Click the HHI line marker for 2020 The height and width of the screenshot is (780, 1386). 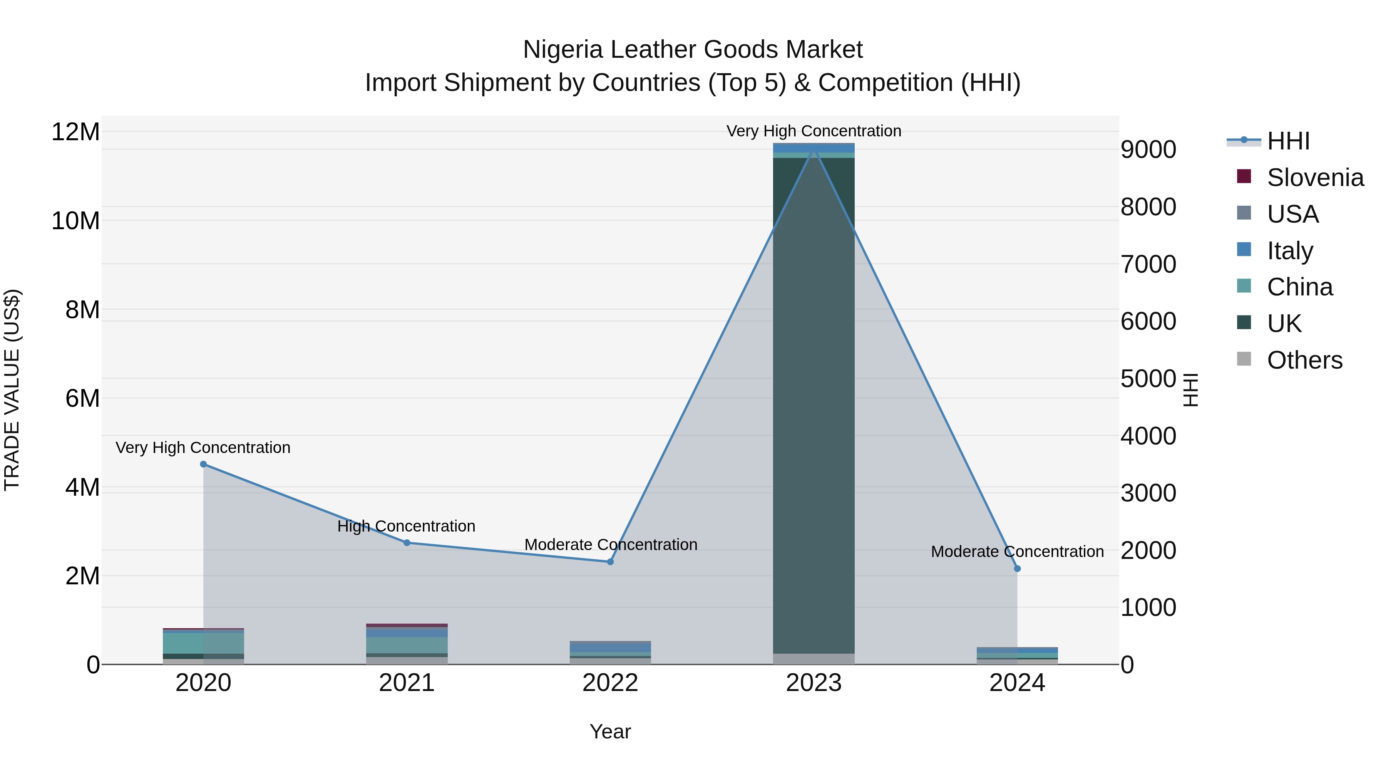click(x=203, y=464)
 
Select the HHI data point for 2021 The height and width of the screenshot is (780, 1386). click(x=407, y=543)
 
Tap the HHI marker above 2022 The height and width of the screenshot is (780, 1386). click(x=610, y=562)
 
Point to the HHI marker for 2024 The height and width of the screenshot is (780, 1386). click(x=1017, y=569)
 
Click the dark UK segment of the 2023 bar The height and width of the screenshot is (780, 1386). click(x=814, y=404)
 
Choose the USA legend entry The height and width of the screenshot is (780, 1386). click(x=1292, y=214)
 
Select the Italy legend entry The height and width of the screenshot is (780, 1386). click(x=1290, y=251)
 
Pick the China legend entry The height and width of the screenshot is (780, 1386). click(x=1299, y=287)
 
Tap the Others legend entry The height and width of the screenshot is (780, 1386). click(x=1304, y=360)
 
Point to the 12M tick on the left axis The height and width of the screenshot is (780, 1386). click(x=75, y=132)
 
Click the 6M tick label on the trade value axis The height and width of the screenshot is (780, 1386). click(x=82, y=398)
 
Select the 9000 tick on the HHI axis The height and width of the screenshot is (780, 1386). click(x=1148, y=150)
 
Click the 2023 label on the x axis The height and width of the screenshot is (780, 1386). click(x=814, y=683)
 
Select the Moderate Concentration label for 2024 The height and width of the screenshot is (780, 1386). click(x=1017, y=551)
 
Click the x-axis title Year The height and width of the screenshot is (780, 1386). click(x=610, y=731)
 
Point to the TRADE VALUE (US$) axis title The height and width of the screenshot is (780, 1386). click(x=12, y=390)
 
